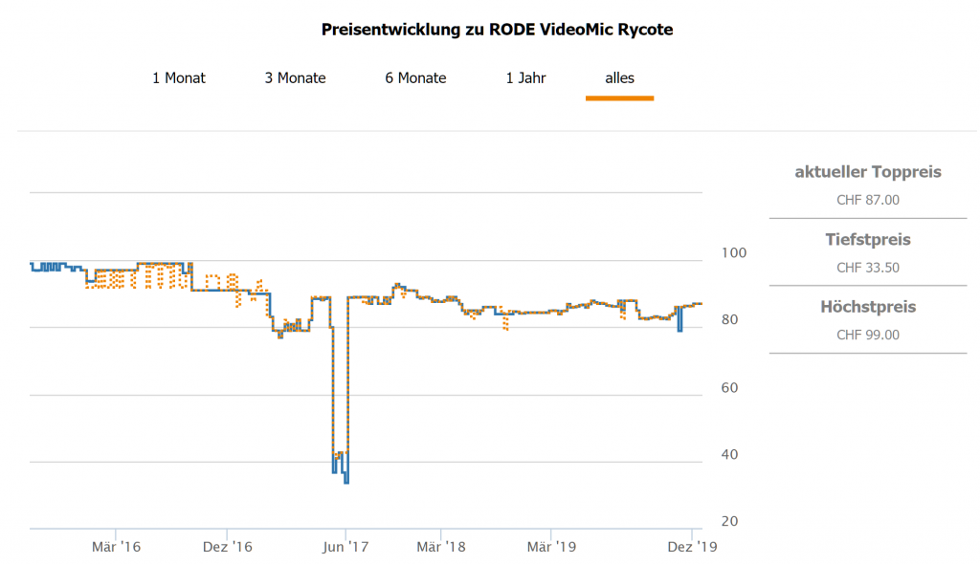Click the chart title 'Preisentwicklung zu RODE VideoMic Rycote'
pyautogui.click(x=497, y=30)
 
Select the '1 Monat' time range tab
pyautogui.click(x=179, y=78)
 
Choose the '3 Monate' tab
pyautogui.click(x=295, y=78)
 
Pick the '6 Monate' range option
pyautogui.click(x=415, y=78)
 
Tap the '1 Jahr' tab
pyautogui.click(x=525, y=78)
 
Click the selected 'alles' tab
pyautogui.click(x=619, y=78)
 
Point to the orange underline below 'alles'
pyautogui.click(x=619, y=98)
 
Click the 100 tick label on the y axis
pyautogui.click(x=730, y=253)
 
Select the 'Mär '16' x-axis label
pyautogui.click(x=116, y=547)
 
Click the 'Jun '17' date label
pyautogui.click(x=345, y=547)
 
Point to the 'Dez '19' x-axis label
pyautogui.click(x=691, y=547)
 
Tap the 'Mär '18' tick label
pyautogui.click(x=441, y=547)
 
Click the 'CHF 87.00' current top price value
pyautogui.click(x=868, y=201)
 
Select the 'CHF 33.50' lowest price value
pyautogui.click(x=868, y=268)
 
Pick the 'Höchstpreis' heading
pyautogui.click(x=868, y=307)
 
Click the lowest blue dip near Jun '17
pyautogui.click(x=346, y=482)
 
